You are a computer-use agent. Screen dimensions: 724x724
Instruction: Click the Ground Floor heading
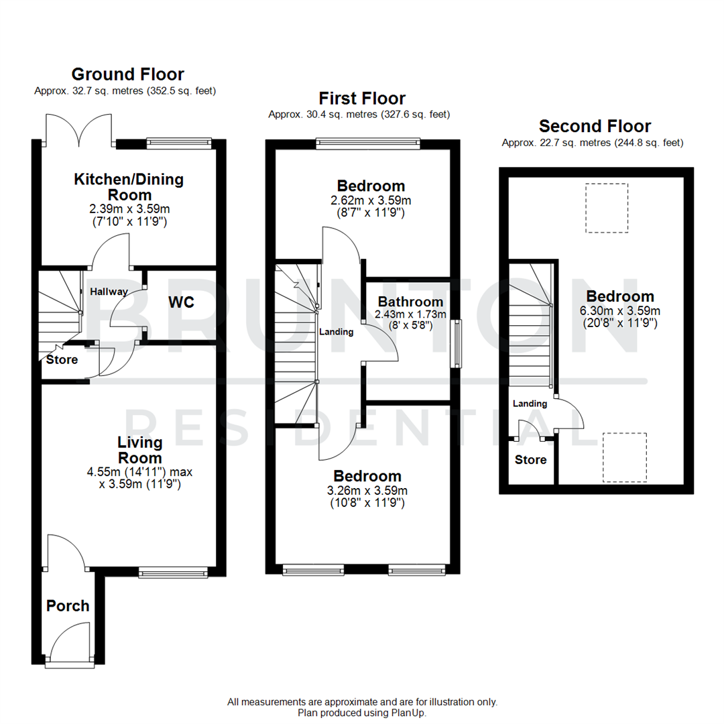pos(127,74)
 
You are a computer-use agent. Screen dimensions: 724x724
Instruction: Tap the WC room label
pos(181,303)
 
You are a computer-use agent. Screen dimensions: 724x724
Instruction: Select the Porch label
pos(68,606)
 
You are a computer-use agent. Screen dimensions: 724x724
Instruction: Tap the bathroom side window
pos(457,343)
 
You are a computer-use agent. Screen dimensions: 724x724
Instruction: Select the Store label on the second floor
pos(530,460)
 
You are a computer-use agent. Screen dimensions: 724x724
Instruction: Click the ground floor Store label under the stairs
pos(62,360)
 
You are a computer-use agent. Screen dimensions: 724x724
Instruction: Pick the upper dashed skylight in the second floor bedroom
pos(607,208)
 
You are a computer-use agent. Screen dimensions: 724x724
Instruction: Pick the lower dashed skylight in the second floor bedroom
pos(624,457)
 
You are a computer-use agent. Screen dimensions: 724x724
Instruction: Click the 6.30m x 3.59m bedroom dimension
pos(620,310)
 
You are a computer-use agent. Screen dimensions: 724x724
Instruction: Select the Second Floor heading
pos(595,126)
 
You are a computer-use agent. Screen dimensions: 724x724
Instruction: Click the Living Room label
pos(139,450)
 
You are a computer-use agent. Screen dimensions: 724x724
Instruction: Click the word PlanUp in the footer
pos(409,713)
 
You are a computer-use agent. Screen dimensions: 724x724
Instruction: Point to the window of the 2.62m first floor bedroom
pos(368,142)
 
